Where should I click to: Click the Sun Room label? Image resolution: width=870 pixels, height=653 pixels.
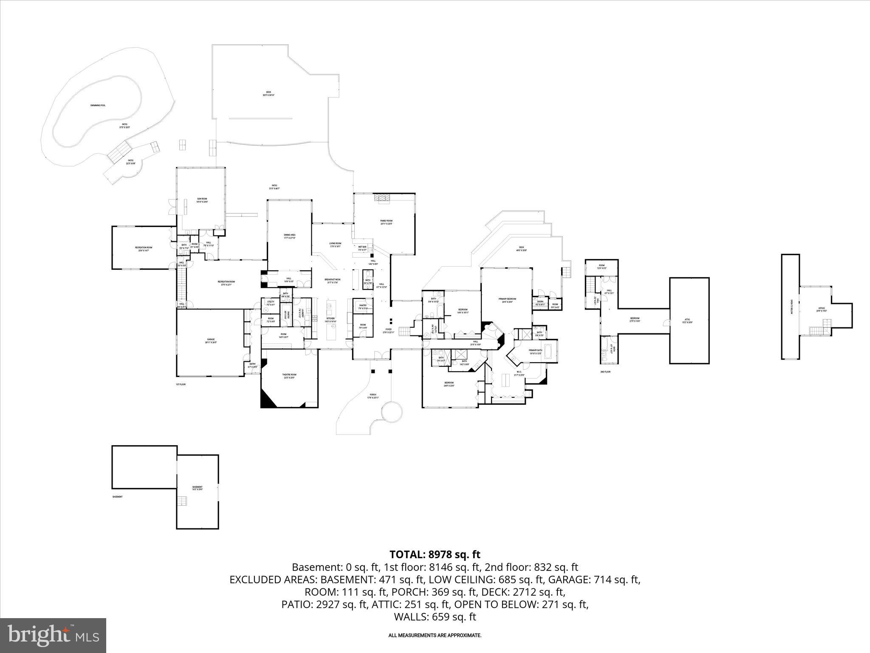[x=202, y=200]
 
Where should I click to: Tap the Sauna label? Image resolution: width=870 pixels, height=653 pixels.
[x=540, y=302]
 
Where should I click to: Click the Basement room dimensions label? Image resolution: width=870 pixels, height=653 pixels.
[x=197, y=489]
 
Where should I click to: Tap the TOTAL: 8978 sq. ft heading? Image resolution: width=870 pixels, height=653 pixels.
[x=435, y=554]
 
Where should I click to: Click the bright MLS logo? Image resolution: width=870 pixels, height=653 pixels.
[x=53, y=636]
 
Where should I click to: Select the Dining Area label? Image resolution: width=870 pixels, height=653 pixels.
[x=290, y=236]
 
